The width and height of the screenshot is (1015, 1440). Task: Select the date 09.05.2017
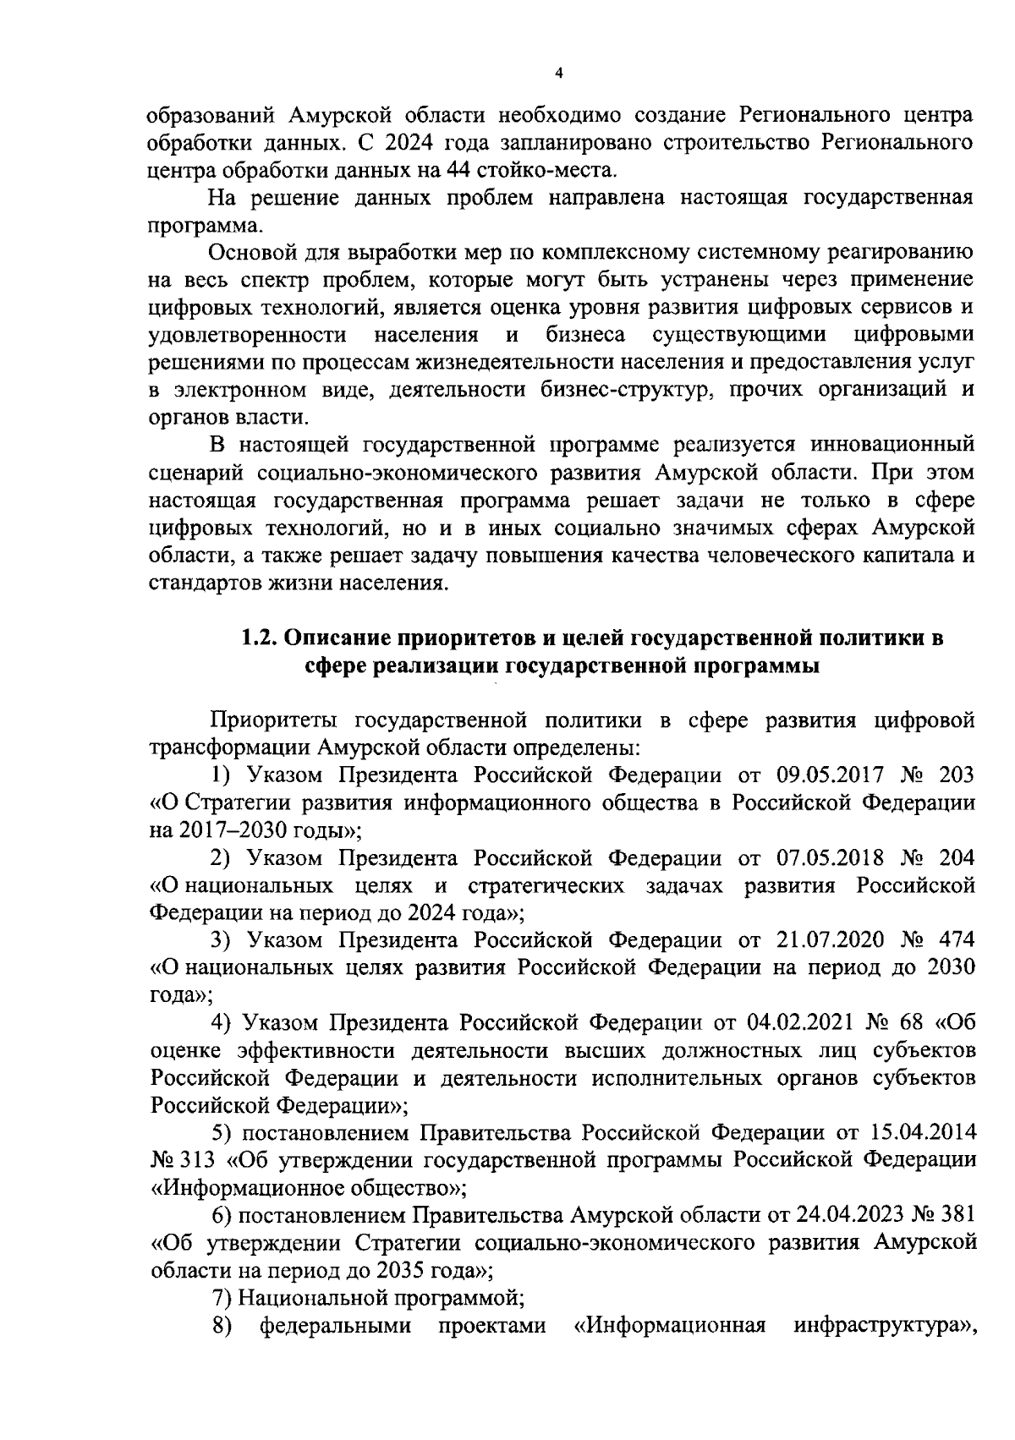pyautogui.click(x=830, y=775)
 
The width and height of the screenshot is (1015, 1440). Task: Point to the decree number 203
pyautogui.click(x=957, y=775)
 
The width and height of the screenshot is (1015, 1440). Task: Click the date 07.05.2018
pyautogui.click(x=830, y=857)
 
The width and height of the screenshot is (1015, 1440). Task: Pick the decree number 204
pyautogui.click(x=957, y=857)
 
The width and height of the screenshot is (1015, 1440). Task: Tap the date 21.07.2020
pyautogui.click(x=830, y=939)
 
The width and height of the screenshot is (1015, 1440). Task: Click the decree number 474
pyautogui.click(x=957, y=939)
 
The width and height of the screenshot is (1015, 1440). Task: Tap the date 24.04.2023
pyautogui.click(x=850, y=1214)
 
